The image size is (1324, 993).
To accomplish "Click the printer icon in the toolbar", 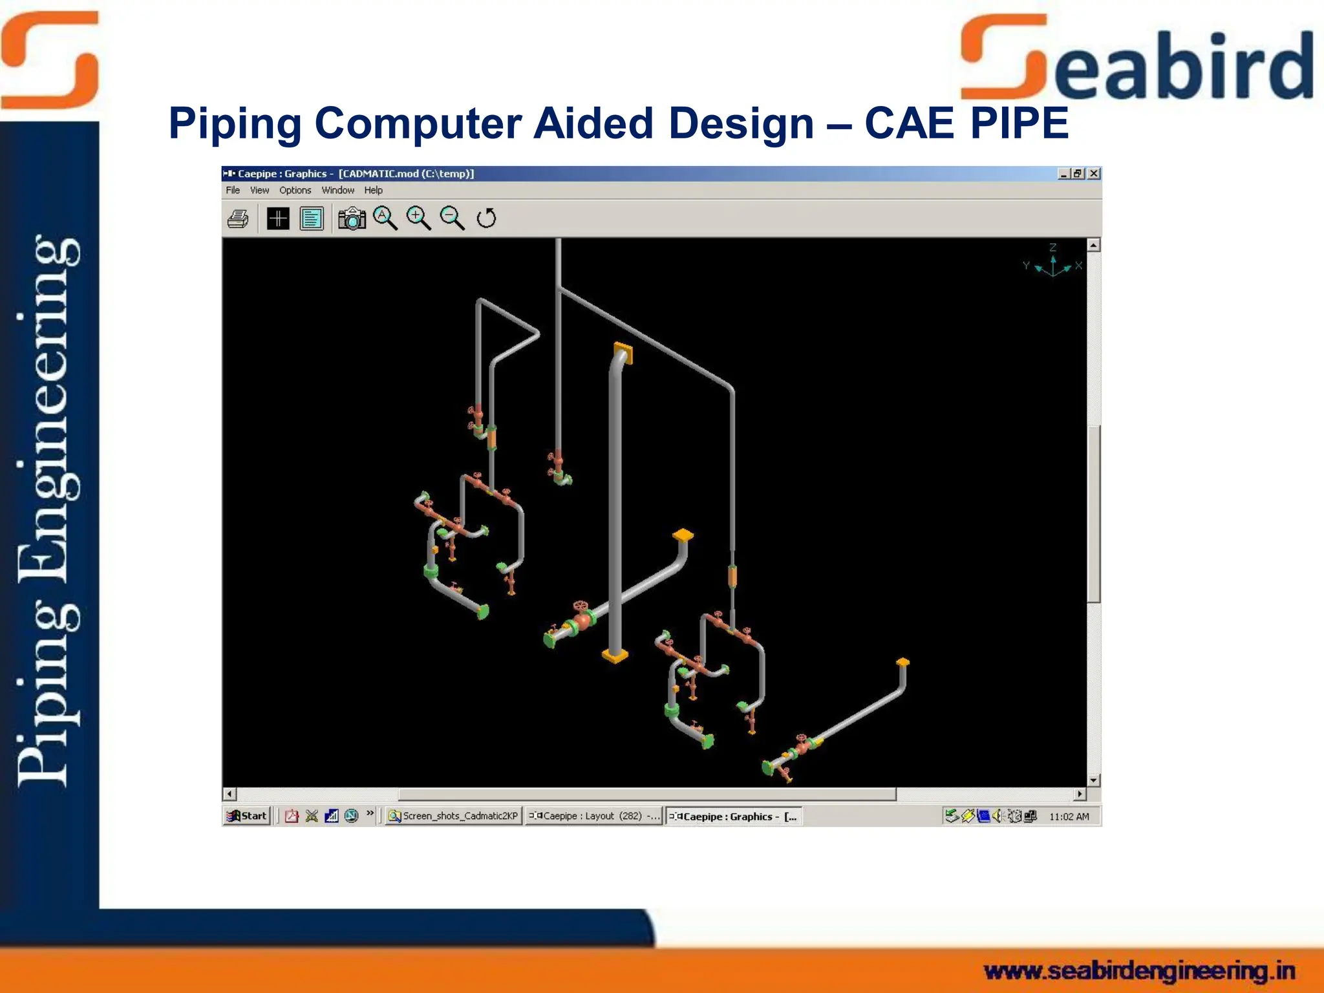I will [238, 219].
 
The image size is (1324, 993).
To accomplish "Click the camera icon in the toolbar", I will [352, 219].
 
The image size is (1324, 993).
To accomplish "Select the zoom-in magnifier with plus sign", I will [418, 218].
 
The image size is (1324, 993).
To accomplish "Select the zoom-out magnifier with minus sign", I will [452, 218].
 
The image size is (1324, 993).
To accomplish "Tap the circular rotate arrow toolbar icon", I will [486, 219].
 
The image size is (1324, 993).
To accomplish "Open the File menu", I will [233, 190].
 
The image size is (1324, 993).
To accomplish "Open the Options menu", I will [295, 190].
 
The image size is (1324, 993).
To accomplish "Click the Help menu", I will [373, 190].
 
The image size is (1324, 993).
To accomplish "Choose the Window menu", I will [337, 190].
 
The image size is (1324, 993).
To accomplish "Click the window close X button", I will [1094, 173].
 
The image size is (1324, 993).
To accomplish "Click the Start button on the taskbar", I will [247, 816].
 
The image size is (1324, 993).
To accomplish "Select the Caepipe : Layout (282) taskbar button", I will [593, 816].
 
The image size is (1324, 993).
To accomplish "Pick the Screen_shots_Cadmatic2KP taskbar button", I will [454, 816].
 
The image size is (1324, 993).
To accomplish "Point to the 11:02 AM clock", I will [1069, 817].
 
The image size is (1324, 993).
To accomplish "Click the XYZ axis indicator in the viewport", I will [1052, 264].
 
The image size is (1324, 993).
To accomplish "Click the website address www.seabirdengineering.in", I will [1139, 970].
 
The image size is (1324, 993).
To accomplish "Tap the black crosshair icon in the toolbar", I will [278, 219].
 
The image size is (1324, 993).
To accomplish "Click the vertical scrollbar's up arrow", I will [1094, 245].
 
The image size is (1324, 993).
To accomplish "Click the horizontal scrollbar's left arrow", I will [230, 794].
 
